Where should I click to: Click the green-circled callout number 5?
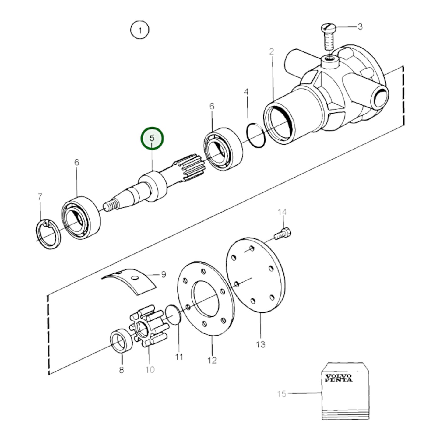152,139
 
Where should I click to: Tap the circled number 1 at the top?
140,30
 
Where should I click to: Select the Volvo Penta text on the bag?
338,378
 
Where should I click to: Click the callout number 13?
261,344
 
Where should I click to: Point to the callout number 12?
212,360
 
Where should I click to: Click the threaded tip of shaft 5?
110,206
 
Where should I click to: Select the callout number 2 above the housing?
271,52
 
